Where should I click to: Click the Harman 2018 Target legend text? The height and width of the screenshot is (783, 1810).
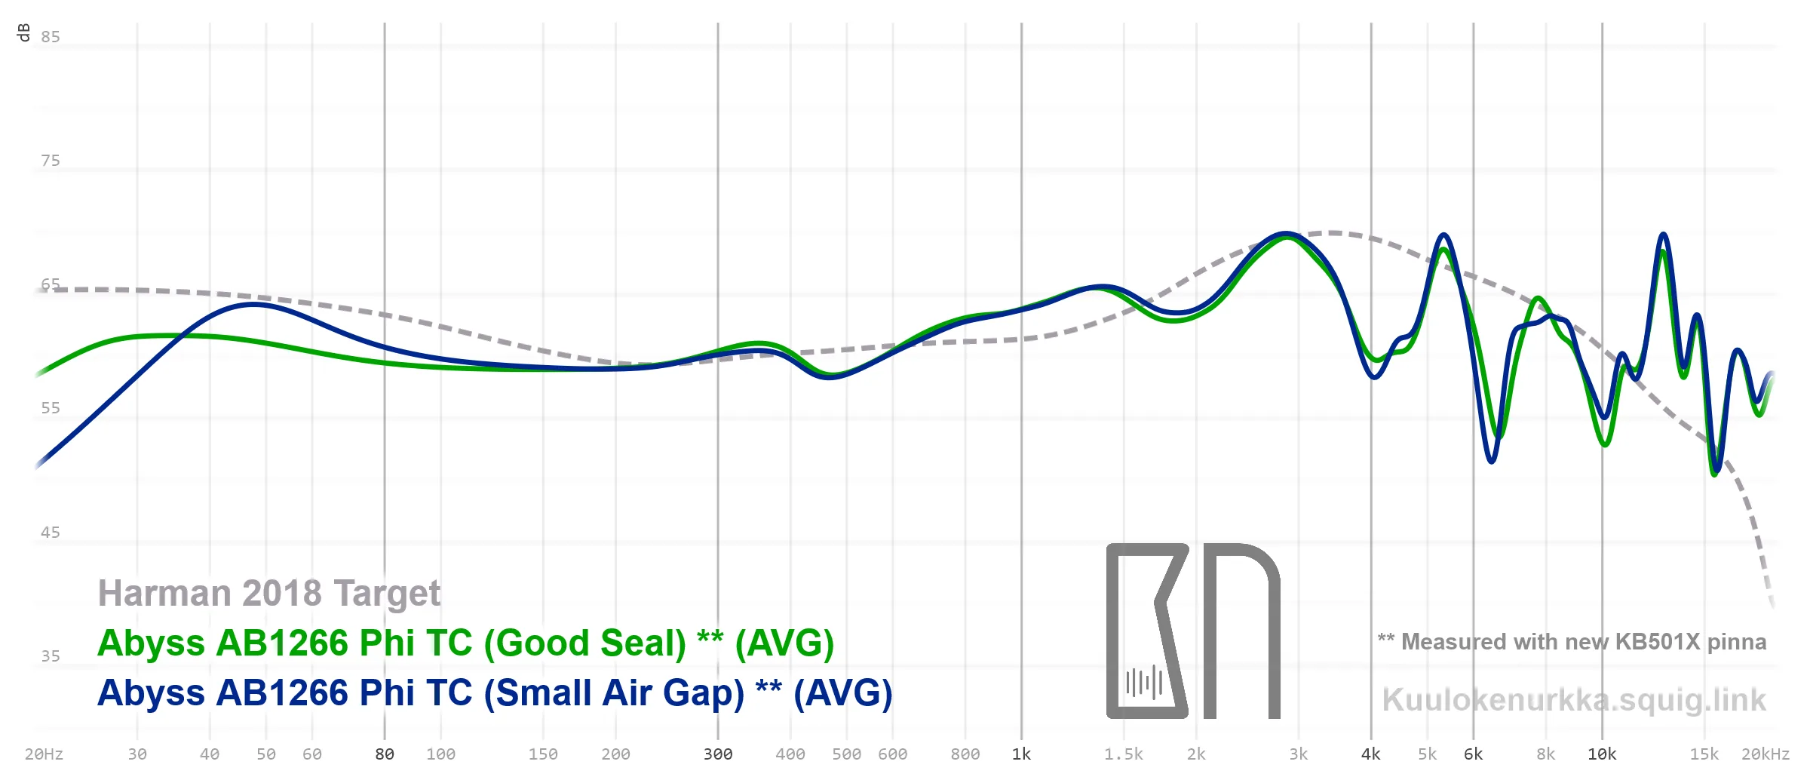(268, 594)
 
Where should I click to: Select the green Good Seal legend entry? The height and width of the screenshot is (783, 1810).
(465, 643)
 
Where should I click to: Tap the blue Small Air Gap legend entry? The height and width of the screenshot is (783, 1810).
(494, 693)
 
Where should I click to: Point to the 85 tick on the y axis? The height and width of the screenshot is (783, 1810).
(51, 37)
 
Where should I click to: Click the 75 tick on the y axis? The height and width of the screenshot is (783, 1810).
(51, 161)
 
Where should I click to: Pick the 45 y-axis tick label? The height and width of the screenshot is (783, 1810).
(51, 533)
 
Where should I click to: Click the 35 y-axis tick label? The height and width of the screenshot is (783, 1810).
(51, 656)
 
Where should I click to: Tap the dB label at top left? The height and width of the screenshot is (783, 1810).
(23, 32)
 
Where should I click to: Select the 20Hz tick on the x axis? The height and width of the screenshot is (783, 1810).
(44, 754)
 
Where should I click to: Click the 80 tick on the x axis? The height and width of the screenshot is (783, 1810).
(385, 754)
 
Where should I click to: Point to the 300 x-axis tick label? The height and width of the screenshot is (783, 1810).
(718, 754)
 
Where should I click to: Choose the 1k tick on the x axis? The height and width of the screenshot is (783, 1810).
(1021, 754)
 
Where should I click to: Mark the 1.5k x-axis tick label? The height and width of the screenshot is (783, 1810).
(1124, 754)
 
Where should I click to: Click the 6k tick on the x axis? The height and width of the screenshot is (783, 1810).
(1473, 754)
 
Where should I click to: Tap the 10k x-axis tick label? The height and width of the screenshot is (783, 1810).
(1602, 754)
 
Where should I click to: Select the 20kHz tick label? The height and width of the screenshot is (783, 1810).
(1765, 754)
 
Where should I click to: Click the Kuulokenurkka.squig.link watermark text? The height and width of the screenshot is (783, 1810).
(1574, 700)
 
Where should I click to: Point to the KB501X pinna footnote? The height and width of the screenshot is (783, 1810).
(1572, 642)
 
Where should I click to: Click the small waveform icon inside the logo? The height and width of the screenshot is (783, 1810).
(1144, 683)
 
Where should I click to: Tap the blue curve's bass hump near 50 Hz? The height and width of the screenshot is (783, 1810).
(255, 305)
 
